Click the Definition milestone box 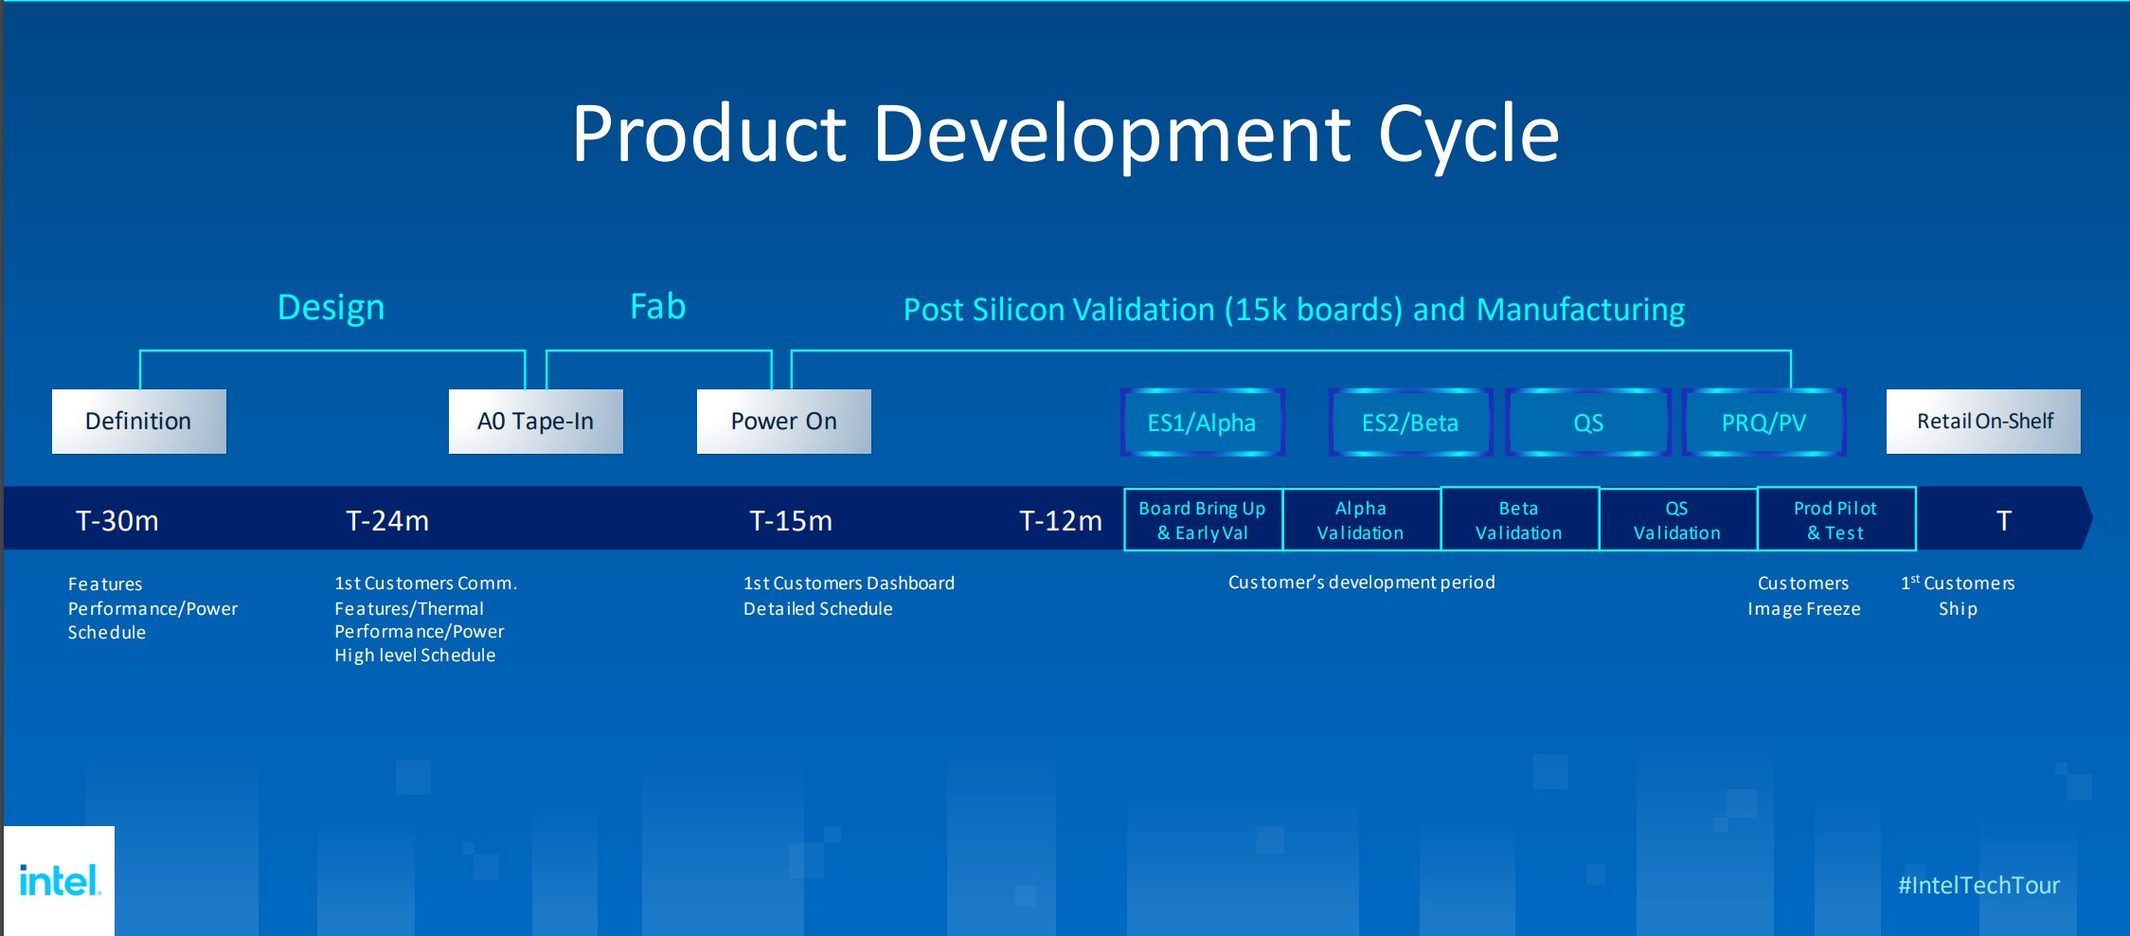click(138, 422)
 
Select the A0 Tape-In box click(535, 422)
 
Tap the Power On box click(783, 422)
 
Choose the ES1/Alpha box click(1202, 423)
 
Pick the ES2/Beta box click(1409, 423)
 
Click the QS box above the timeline click(1587, 423)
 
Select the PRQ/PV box click(1763, 423)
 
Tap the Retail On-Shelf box click(1984, 422)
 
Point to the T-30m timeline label click(117, 520)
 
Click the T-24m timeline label click(387, 520)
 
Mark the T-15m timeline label click(791, 520)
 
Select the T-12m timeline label click(1061, 520)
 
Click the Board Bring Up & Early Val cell click(1203, 520)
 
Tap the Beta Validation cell click(1519, 520)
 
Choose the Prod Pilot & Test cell click(1835, 520)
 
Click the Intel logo click(59, 881)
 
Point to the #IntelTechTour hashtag click(1978, 885)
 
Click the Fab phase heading click(658, 307)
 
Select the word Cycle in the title click(1468, 135)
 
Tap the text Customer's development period click(1361, 582)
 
